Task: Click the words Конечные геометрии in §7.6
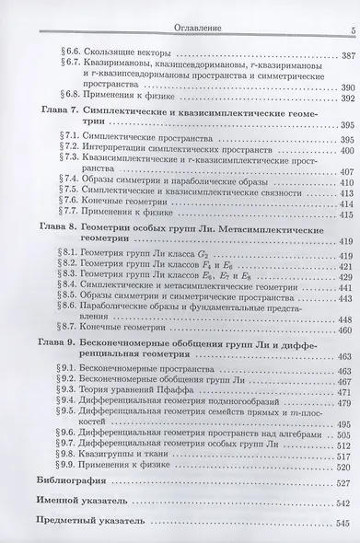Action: tap(111, 205)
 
